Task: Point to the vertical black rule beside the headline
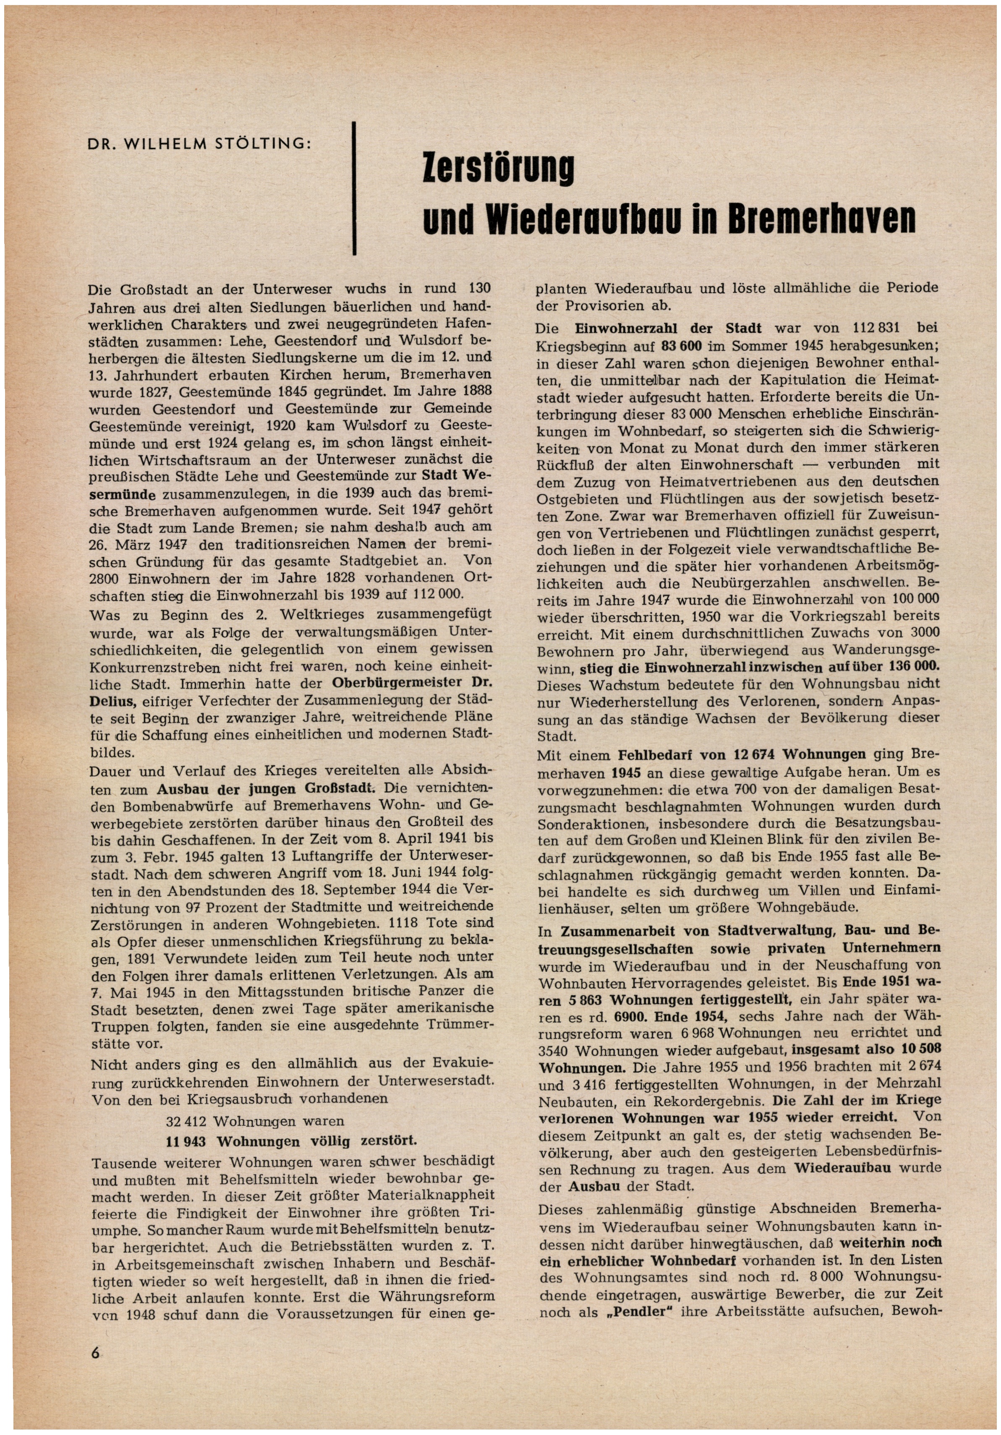pyautogui.click(x=355, y=188)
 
